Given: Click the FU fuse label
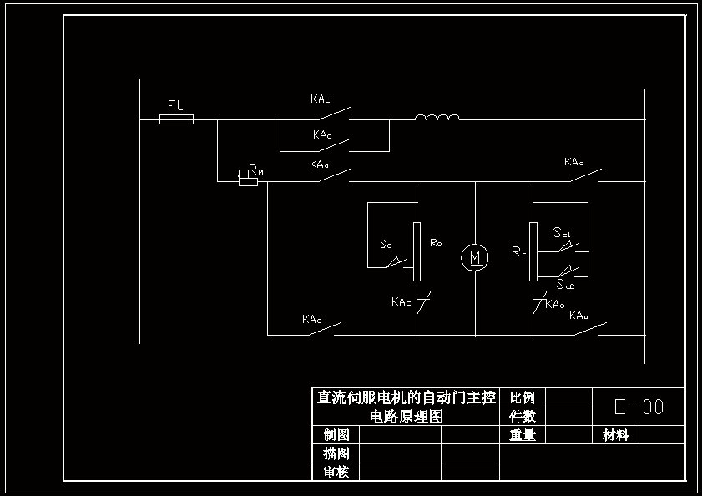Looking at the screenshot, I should [176, 105].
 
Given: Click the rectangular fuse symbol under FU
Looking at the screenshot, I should [176, 119].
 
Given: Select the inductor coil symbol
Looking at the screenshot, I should [437, 118].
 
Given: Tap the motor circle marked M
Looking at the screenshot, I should [475, 257].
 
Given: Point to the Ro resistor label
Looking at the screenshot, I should [436, 243].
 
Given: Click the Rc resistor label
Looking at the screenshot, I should [518, 251].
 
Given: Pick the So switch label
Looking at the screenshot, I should [386, 245].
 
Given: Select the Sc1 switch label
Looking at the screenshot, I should [562, 233].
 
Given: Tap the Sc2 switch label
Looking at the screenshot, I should [565, 284].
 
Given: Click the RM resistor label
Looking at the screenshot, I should [255, 170].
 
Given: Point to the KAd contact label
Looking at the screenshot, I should [319, 164].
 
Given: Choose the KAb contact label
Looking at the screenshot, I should [578, 316].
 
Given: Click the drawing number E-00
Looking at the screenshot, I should [639, 407].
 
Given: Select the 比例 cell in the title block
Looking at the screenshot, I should [522, 397].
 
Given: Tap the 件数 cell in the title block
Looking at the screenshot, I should [522, 416].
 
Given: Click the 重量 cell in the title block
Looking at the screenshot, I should [522, 434].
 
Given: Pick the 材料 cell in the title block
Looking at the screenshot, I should [616, 434].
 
